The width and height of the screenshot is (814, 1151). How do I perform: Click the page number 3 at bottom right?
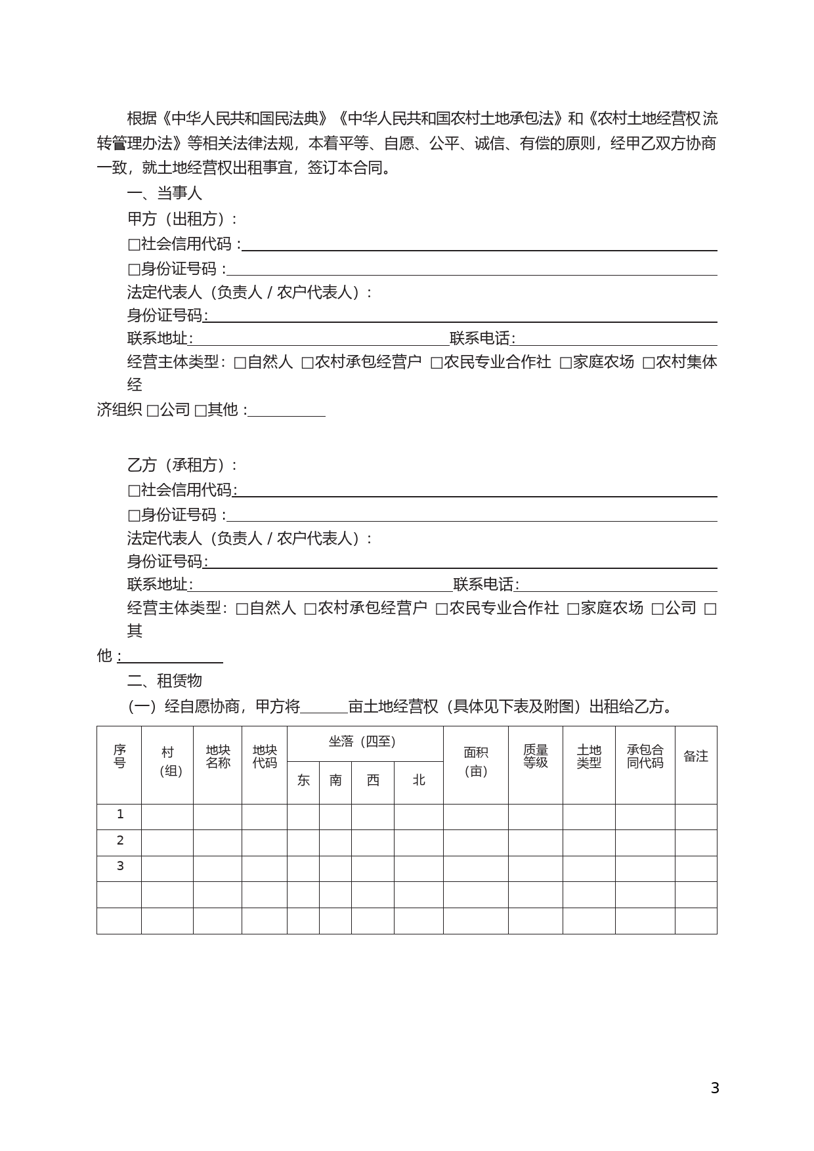pyautogui.click(x=715, y=1088)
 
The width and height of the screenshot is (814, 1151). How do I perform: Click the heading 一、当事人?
pyautogui.click(x=165, y=194)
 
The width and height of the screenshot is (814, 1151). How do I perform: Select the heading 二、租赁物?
pyautogui.click(x=165, y=680)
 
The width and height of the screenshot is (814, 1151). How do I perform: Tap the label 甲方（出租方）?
pyautogui.click(x=182, y=219)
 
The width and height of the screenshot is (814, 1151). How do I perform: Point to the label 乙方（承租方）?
pyautogui.click(x=182, y=465)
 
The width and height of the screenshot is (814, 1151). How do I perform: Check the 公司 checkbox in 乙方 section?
pyautogui.click(x=657, y=609)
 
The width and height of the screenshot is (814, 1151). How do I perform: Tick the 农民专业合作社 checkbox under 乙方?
pyautogui.click(x=442, y=609)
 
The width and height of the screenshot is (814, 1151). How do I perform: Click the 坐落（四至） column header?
pyautogui.click(x=364, y=742)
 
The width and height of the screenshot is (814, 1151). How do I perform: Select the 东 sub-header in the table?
pyautogui.click(x=303, y=780)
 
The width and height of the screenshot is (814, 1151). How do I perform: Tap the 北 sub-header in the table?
pyautogui.click(x=419, y=780)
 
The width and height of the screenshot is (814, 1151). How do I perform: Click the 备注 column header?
pyautogui.click(x=696, y=757)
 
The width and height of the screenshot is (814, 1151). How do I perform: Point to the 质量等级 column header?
pyautogui.click(x=536, y=757)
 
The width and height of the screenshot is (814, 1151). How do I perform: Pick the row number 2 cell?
pyautogui.click(x=119, y=841)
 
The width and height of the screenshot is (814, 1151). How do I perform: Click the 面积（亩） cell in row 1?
pyautogui.click(x=476, y=816)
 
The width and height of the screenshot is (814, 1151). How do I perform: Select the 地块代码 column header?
pyautogui.click(x=265, y=757)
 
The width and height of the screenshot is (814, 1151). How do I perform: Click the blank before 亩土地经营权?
pyautogui.click(x=324, y=707)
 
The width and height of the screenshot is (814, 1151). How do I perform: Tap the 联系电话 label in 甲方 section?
pyautogui.click(x=481, y=339)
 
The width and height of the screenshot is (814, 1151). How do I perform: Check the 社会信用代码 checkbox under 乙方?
pyautogui.click(x=134, y=491)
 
